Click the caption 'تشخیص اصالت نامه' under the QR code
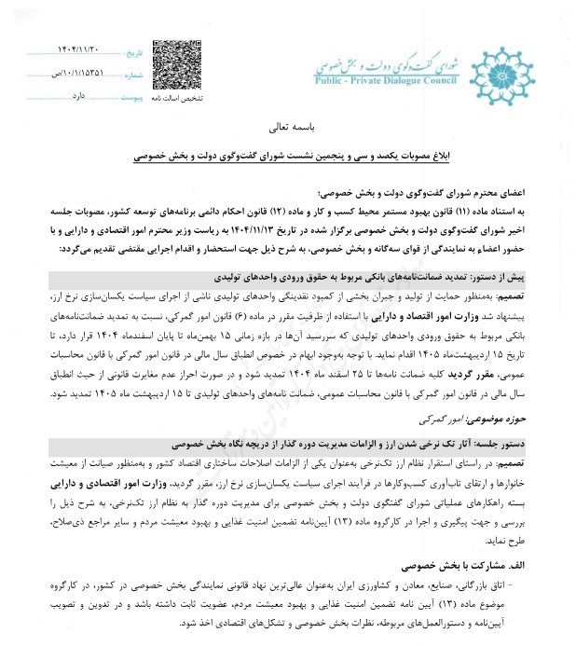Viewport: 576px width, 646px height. point(178,97)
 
